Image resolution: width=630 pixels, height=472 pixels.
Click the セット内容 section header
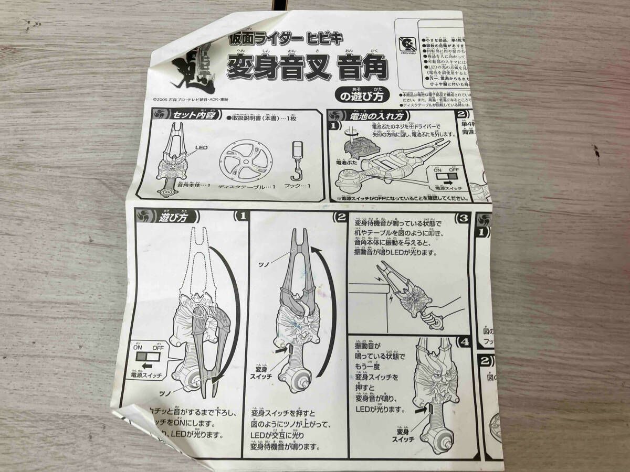tap(184, 115)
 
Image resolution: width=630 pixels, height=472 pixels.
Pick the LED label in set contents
tap(202, 148)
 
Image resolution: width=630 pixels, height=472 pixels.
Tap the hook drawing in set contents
tap(299, 160)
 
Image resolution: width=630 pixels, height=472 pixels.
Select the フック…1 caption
tap(299, 186)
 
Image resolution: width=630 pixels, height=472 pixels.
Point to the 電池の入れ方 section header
tap(373, 116)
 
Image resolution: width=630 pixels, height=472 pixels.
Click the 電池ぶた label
tap(349, 164)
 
